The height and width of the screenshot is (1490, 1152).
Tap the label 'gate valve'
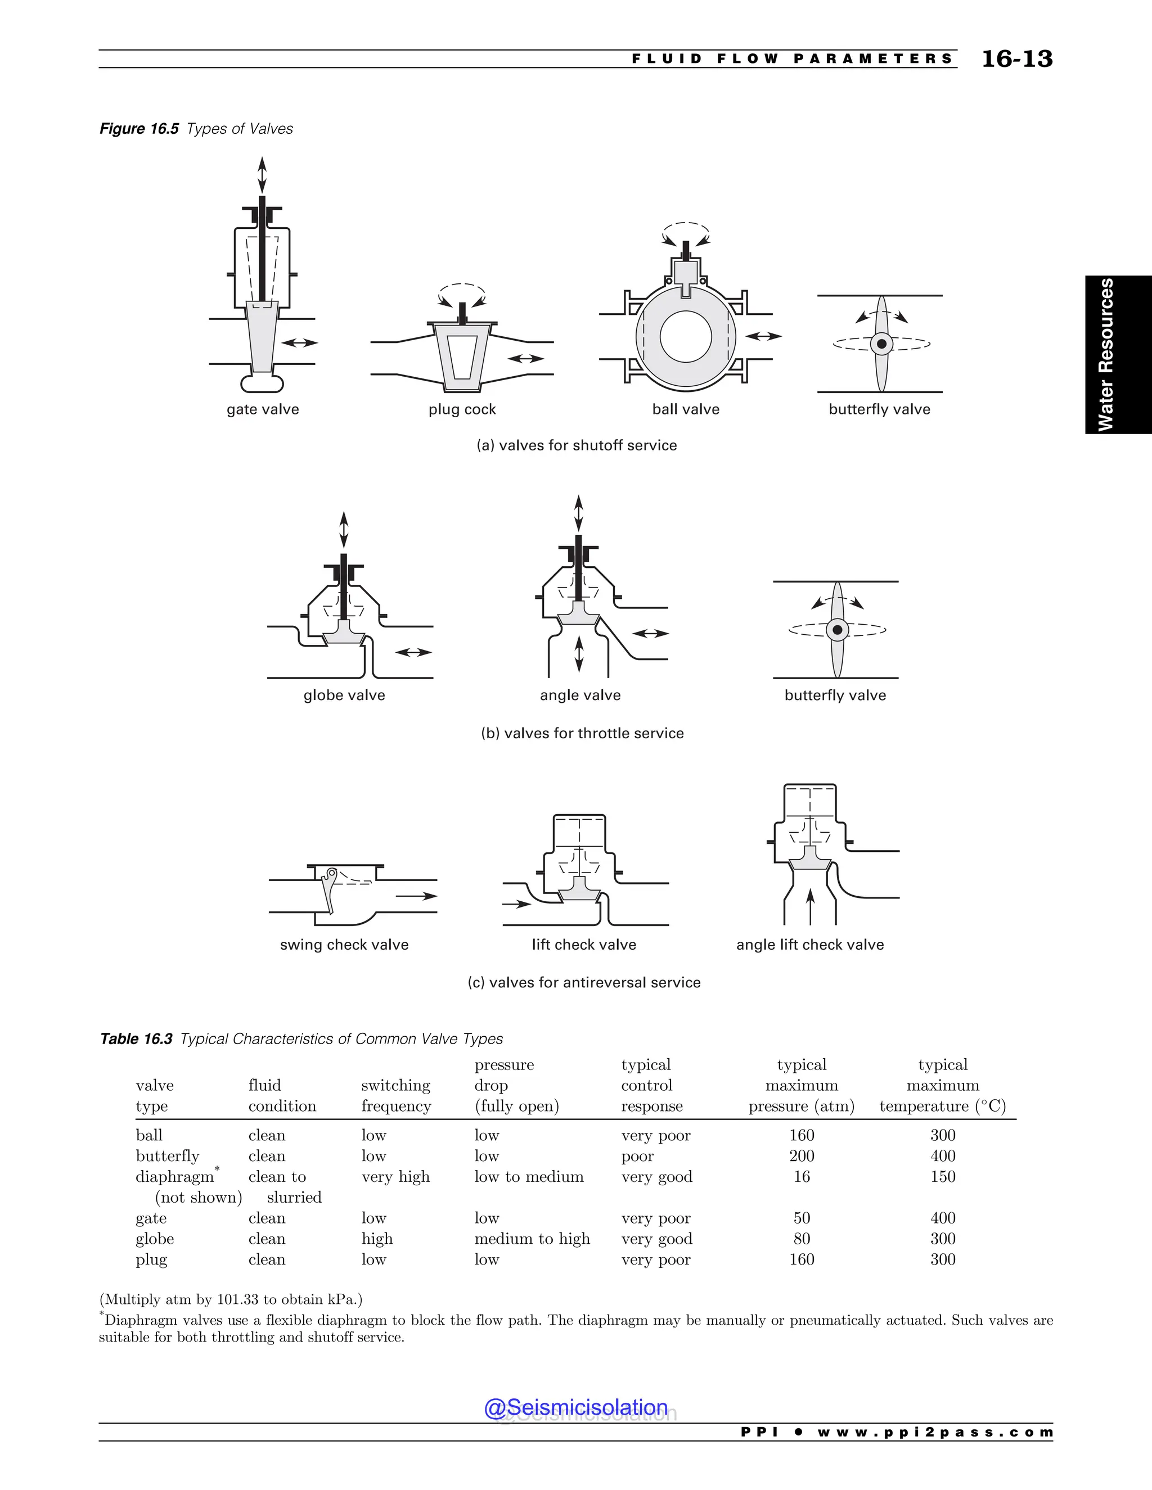click(263, 409)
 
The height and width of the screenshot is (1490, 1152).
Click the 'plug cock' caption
click(462, 409)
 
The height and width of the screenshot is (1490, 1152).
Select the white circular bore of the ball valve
click(685, 336)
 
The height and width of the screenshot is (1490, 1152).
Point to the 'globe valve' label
click(344, 695)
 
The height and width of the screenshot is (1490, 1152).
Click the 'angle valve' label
click(580, 695)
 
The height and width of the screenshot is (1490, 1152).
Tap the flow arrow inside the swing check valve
click(416, 896)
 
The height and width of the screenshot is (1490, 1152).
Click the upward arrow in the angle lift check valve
click(810, 905)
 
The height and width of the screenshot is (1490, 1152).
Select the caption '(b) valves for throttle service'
click(582, 733)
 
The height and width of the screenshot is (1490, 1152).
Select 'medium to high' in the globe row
click(532, 1239)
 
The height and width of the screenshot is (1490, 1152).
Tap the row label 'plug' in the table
click(151, 1259)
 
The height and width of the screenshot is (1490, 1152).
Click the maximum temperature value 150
click(943, 1177)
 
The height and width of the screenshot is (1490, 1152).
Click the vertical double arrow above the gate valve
click(262, 175)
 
